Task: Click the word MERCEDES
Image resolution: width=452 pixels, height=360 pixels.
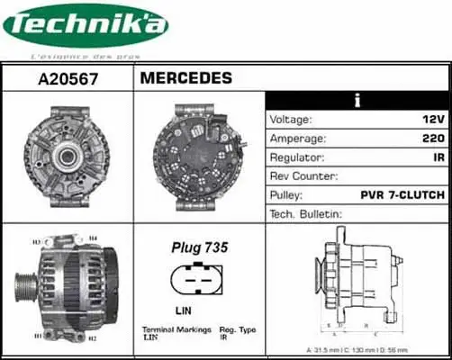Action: coord(185,78)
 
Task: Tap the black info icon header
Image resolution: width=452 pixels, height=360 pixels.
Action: coord(357,100)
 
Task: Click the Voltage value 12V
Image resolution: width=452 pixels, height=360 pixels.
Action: coord(431,120)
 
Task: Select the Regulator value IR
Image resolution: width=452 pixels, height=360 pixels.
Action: coord(437,157)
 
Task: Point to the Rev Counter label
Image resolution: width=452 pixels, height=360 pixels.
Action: coord(303,176)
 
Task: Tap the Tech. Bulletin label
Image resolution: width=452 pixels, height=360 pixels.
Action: coord(306,214)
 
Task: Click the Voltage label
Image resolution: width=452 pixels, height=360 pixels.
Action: coord(291,120)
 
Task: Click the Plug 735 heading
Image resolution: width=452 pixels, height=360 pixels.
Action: coord(199,247)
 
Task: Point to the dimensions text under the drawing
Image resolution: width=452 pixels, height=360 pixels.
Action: coord(357,348)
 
